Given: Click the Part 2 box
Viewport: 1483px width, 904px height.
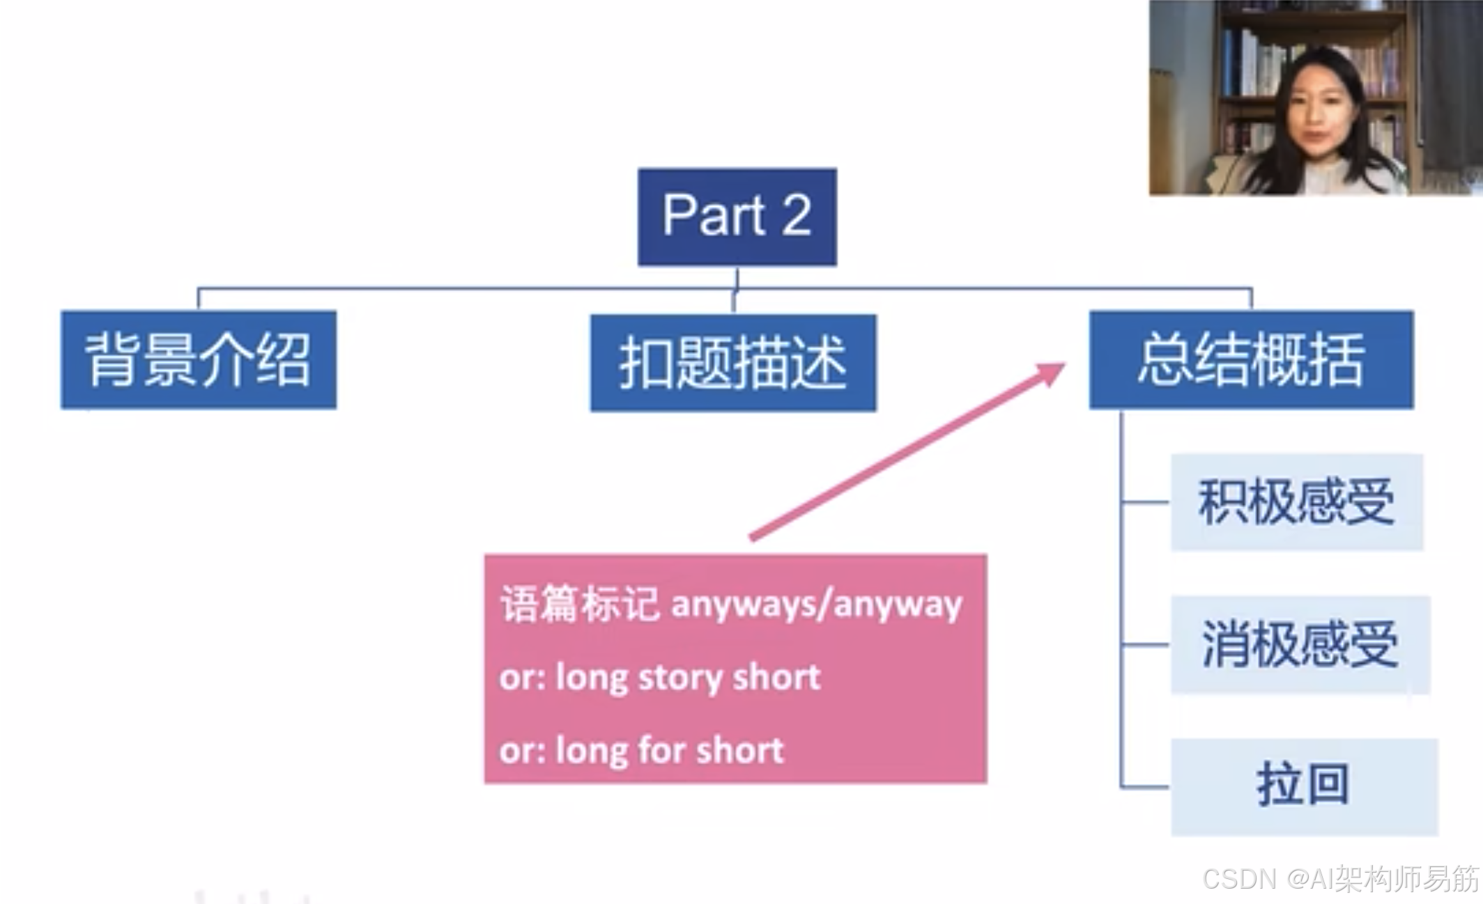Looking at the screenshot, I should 737,217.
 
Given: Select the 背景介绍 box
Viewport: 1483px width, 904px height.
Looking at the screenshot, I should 199,359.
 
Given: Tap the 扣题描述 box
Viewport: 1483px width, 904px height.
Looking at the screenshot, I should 733,363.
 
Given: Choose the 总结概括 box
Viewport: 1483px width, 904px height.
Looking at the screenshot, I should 1251,359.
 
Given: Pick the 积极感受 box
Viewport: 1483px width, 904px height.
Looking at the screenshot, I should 1296,502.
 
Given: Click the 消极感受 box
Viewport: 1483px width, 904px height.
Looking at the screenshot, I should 1300,644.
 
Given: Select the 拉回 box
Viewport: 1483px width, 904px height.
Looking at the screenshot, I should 1304,786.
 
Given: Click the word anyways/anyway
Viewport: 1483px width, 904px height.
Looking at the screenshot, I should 816,605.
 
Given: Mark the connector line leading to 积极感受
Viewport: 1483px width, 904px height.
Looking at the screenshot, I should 1145,501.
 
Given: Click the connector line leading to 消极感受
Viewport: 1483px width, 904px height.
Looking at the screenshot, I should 1145,644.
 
